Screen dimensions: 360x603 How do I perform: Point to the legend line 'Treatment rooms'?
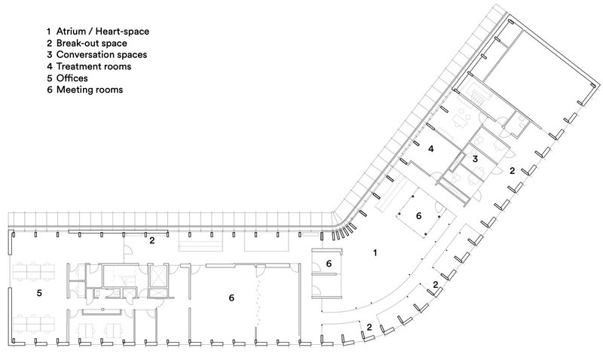[x=94, y=66]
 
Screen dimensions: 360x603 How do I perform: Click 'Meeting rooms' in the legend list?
[x=90, y=89]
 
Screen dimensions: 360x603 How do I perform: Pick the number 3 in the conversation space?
[x=475, y=159]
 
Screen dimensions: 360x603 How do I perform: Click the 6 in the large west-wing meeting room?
[x=231, y=299]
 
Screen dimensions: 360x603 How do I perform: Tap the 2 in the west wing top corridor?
[x=152, y=240]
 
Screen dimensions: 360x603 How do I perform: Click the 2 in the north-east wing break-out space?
[x=512, y=171]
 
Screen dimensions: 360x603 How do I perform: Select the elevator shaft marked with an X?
[x=158, y=275]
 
